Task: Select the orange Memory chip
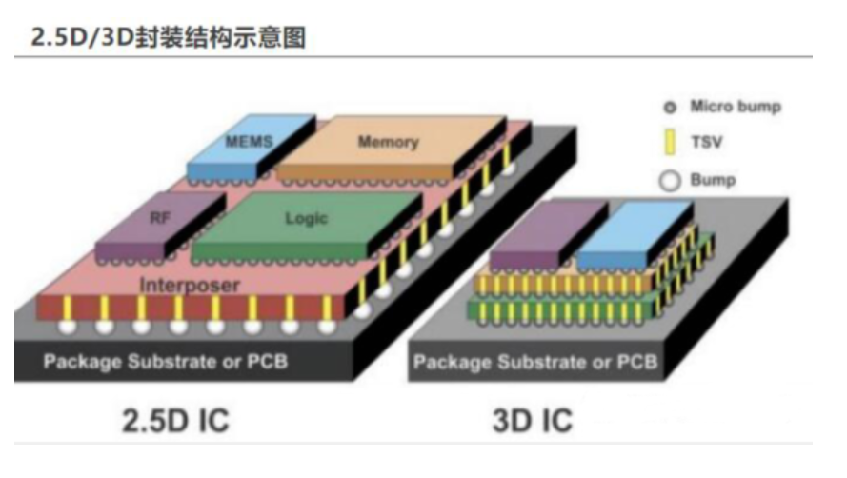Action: [x=389, y=142]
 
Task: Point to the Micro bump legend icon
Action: [x=669, y=107]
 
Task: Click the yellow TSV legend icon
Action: [x=669, y=143]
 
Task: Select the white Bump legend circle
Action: [x=669, y=180]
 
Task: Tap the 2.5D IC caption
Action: [x=175, y=420]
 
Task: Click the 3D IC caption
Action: [x=533, y=420]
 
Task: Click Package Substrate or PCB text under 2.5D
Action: [x=166, y=362]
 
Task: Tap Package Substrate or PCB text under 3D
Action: [x=534, y=362]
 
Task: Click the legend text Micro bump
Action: [x=735, y=107]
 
